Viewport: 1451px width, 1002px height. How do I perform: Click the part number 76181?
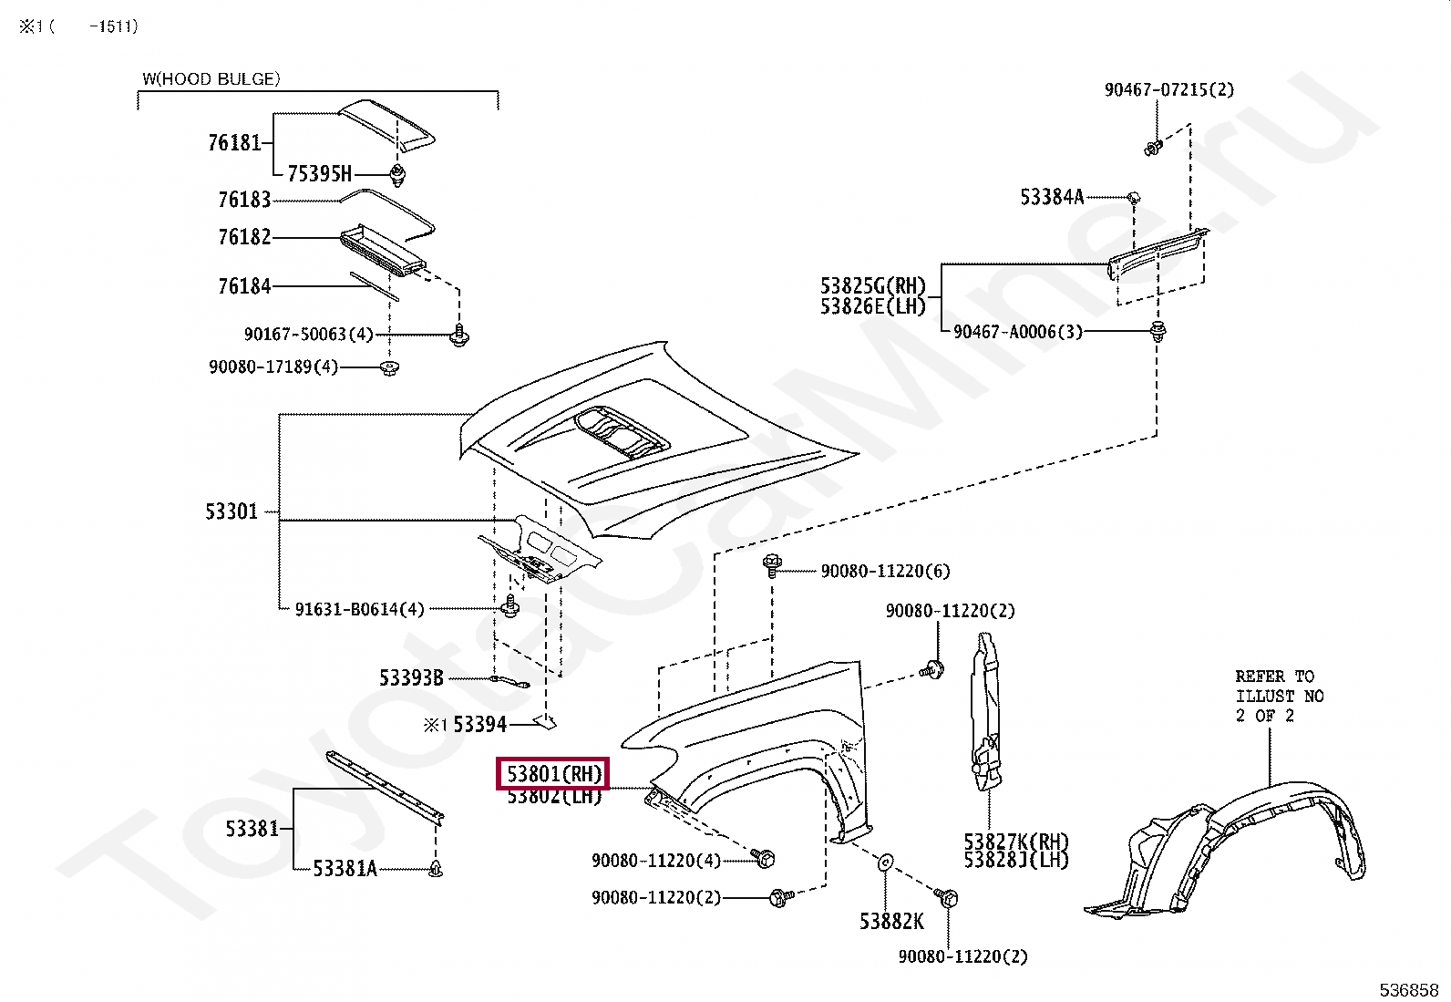click(234, 142)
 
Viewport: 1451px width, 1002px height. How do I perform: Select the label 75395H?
click(319, 174)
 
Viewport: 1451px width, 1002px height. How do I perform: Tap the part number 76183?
click(244, 200)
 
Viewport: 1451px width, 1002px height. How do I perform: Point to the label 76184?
click(244, 285)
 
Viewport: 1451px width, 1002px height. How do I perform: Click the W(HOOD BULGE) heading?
click(211, 79)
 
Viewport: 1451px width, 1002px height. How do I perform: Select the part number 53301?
click(232, 511)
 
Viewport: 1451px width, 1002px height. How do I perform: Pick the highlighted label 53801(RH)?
click(553, 774)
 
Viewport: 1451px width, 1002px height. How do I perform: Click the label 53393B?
click(411, 678)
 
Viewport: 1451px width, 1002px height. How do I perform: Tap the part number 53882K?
click(891, 921)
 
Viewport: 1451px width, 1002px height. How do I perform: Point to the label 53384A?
click(1052, 197)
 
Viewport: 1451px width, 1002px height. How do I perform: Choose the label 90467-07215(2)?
click(1169, 89)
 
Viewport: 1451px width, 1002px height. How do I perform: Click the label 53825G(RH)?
click(873, 285)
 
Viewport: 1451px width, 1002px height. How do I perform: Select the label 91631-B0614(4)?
click(359, 609)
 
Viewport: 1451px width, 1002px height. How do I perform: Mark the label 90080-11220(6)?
click(886, 571)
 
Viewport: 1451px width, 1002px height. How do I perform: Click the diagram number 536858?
click(1409, 990)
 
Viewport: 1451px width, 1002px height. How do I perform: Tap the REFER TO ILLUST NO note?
click(1280, 696)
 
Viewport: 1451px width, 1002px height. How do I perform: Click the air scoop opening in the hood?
click(620, 432)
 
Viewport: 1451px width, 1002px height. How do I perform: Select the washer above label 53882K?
click(885, 862)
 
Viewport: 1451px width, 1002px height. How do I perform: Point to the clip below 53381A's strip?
click(436, 869)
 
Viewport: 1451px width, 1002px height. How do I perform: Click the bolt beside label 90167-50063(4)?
click(459, 336)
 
